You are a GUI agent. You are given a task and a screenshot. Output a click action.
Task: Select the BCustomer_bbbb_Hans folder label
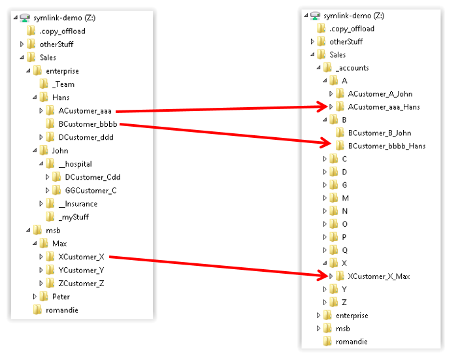click(387, 146)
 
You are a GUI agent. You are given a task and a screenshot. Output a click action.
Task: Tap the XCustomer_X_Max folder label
click(379, 276)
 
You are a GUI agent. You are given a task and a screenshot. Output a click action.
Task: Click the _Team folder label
click(63, 84)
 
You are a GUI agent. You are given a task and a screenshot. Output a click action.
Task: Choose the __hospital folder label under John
click(78, 164)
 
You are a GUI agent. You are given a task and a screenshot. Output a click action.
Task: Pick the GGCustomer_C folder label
click(90, 190)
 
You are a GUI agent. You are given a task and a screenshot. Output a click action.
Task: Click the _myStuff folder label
click(73, 217)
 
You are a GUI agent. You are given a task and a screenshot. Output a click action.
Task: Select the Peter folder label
click(61, 297)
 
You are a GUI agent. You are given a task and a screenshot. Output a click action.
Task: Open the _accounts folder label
click(352, 67)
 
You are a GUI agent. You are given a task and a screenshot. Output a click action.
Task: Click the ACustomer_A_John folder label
click(380, 93)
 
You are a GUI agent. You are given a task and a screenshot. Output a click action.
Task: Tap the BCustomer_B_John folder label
click(380, 133)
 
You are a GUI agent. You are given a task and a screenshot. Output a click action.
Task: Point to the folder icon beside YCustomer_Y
click(50, 270)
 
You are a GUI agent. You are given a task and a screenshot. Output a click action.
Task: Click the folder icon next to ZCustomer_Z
click(50, 284)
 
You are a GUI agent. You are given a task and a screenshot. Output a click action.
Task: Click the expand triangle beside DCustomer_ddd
click(41, 137)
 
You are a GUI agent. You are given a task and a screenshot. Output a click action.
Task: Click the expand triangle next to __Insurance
click(41, 204)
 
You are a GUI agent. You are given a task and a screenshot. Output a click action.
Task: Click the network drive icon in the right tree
click(315, 16)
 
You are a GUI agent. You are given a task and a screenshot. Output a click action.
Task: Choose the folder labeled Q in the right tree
click(344, 250)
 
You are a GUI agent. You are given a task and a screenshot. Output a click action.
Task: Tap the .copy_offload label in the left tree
click(62, 31)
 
